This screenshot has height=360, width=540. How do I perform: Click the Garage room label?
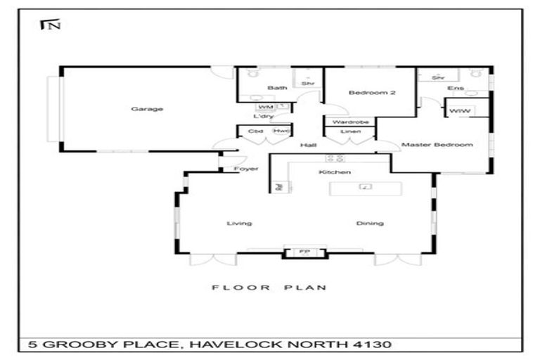coord(147,109)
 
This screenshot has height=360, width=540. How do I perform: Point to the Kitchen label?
coord(335,172)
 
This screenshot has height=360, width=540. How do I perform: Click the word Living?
coord(239,224)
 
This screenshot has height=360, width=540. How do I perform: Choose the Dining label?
coord(370,224)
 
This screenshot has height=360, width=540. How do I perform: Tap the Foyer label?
coord(246,169)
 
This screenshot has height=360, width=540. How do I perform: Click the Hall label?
coord(308,146)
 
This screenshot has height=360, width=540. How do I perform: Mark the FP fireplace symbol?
coord(304,252)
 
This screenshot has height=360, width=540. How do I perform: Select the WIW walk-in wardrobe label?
coord(459,112)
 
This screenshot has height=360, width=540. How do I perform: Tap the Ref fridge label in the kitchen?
coord(278,187)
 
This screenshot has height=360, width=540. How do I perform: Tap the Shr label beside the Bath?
coord(307,84)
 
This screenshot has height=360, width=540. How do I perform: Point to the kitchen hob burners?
coord(335,157)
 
